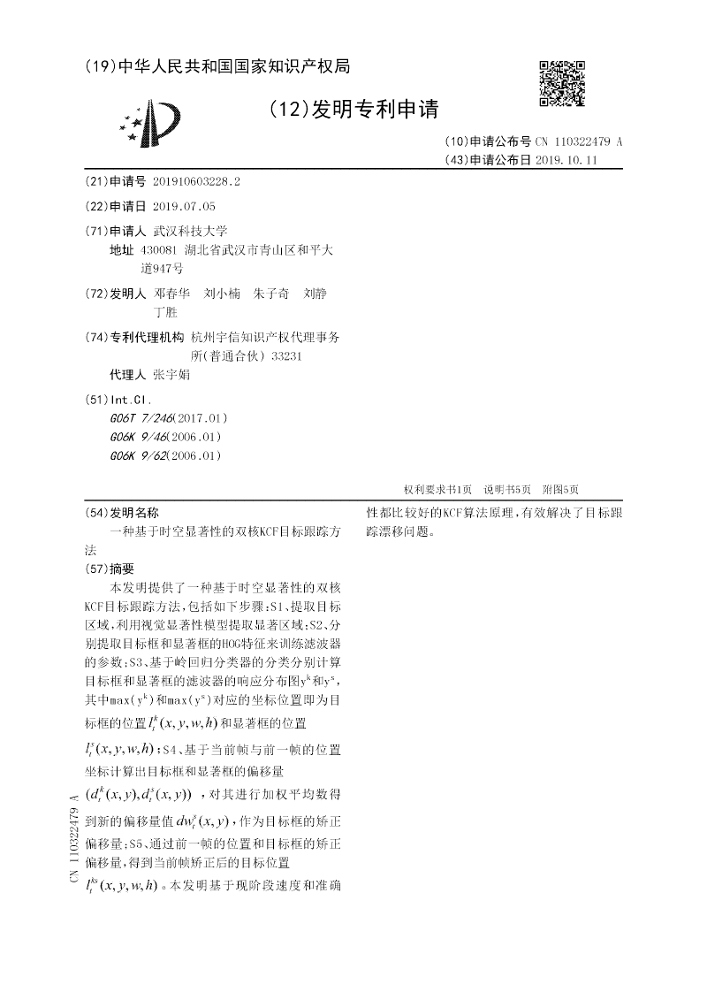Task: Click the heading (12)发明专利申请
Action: (352, 109)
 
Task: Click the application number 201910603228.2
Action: (196, 181)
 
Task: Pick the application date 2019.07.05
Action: (184, 206)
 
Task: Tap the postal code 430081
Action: (158, 250)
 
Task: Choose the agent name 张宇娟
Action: (171, 374)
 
